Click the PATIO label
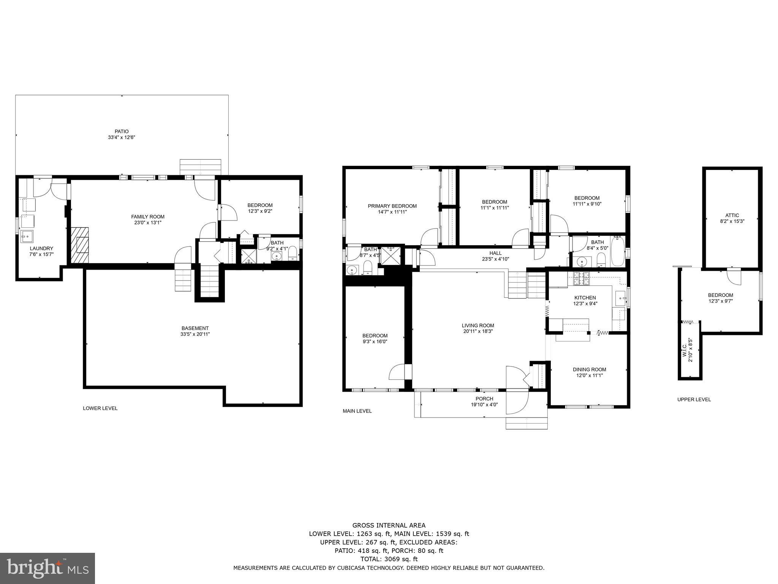(x=122, y=132)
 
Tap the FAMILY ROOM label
(x=148, y=217)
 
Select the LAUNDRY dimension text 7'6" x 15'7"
(x=41, y=254)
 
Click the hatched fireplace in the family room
(x=80, y=245)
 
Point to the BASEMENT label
(x=195, y=328)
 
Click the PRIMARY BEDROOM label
(x=392, y=206)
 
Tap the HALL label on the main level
(x=495, y=253)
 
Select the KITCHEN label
(x=585, y=298)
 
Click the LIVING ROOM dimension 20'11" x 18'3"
(x=478, y=331)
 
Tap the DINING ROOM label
(x=589, y=369)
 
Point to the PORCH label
(x=484, y=399)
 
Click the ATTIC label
(x=732, y=215)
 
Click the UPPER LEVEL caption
(x=694, y=399)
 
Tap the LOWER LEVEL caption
(x=100, y=408)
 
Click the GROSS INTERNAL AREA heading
(x=389, y=525)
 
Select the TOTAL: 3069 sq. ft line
(x=389, y=559)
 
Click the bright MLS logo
(x=47, y=568)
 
